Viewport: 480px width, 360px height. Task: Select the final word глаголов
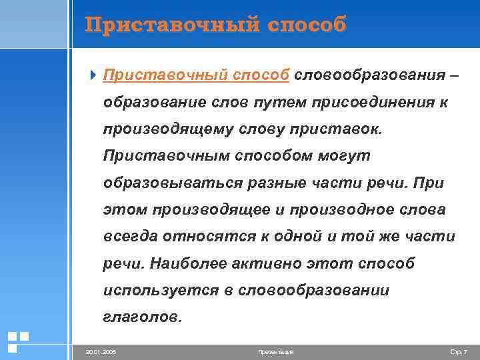[141, 317]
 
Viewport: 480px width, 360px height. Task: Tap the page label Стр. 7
[459, 351]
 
